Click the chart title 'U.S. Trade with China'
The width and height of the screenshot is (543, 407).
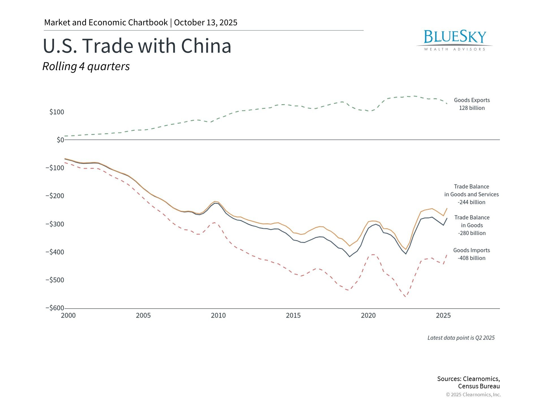tap(137, 46)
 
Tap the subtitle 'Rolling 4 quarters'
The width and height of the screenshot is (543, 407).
tap(86, 66)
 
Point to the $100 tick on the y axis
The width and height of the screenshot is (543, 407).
tap(57, 112)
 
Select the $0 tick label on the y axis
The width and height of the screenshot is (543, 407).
tap(60, 140)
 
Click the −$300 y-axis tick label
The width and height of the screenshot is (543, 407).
tap(55, 224)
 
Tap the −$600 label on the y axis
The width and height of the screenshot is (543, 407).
tap(55, 308)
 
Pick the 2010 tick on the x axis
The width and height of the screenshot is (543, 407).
tap(218, 315)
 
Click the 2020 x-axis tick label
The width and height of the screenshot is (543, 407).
tap(368, 315)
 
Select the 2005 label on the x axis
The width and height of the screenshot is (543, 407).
tap(143, 315)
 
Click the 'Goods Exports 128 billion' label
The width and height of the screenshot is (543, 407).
tap(472, 104)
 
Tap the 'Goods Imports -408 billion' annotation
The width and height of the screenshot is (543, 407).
tap(471, 254)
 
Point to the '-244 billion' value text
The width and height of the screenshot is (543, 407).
tap(471, 202)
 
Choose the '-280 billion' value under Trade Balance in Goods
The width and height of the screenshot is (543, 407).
tap(472, 233)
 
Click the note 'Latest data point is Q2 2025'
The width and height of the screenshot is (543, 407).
tap(461, 338)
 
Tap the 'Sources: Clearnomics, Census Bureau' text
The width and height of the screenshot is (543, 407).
tap(469, 382)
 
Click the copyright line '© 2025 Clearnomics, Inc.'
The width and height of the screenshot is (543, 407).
tap(473, 395)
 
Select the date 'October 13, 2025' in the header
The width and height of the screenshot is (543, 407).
tap(206, 23)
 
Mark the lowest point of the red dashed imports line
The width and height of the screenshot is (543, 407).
tap(406, 297)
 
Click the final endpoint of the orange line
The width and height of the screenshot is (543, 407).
tap(447, 209)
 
